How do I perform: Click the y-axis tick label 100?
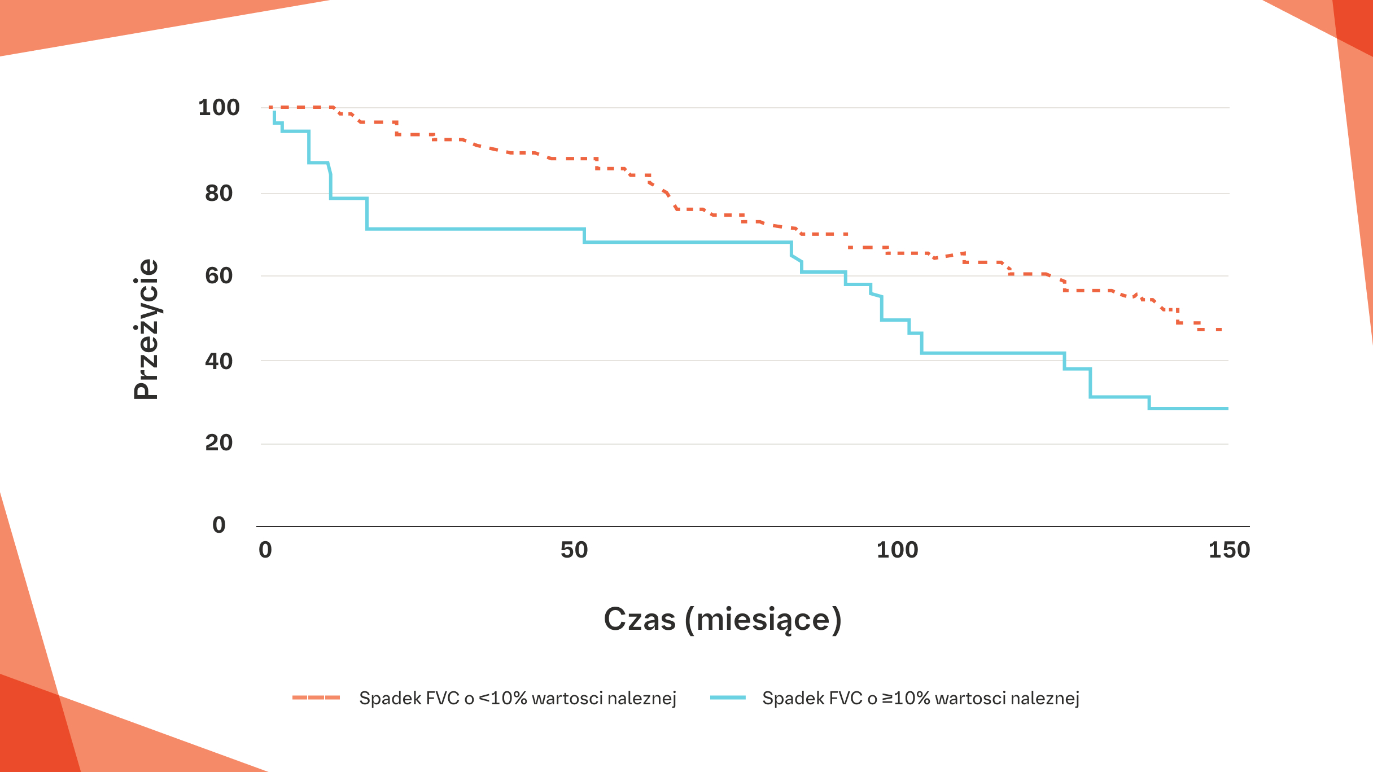click(218, 107)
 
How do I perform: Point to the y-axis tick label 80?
click(218, 193)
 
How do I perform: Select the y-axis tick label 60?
click(218, 275)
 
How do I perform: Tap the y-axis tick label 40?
click(218, 361)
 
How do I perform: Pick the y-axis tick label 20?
click(218, 443)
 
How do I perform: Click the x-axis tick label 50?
click(574, 550)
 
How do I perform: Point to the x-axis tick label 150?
click(1229, 550)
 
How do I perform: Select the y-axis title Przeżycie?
click(146, 329)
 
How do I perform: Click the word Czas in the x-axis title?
click(639, 619)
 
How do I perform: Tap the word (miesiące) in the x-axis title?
click(763, 620)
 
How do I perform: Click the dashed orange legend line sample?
click(316, 698)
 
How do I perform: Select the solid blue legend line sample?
click(728, 698)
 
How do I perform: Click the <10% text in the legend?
click(502, 698)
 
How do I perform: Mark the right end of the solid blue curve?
click(1227, 409)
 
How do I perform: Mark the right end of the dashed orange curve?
click(1221, 330)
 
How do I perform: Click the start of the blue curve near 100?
click(274, 112)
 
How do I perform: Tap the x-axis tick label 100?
click(897, 550)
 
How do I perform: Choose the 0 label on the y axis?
click(218, 525)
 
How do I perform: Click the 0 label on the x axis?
click(265, 550)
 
